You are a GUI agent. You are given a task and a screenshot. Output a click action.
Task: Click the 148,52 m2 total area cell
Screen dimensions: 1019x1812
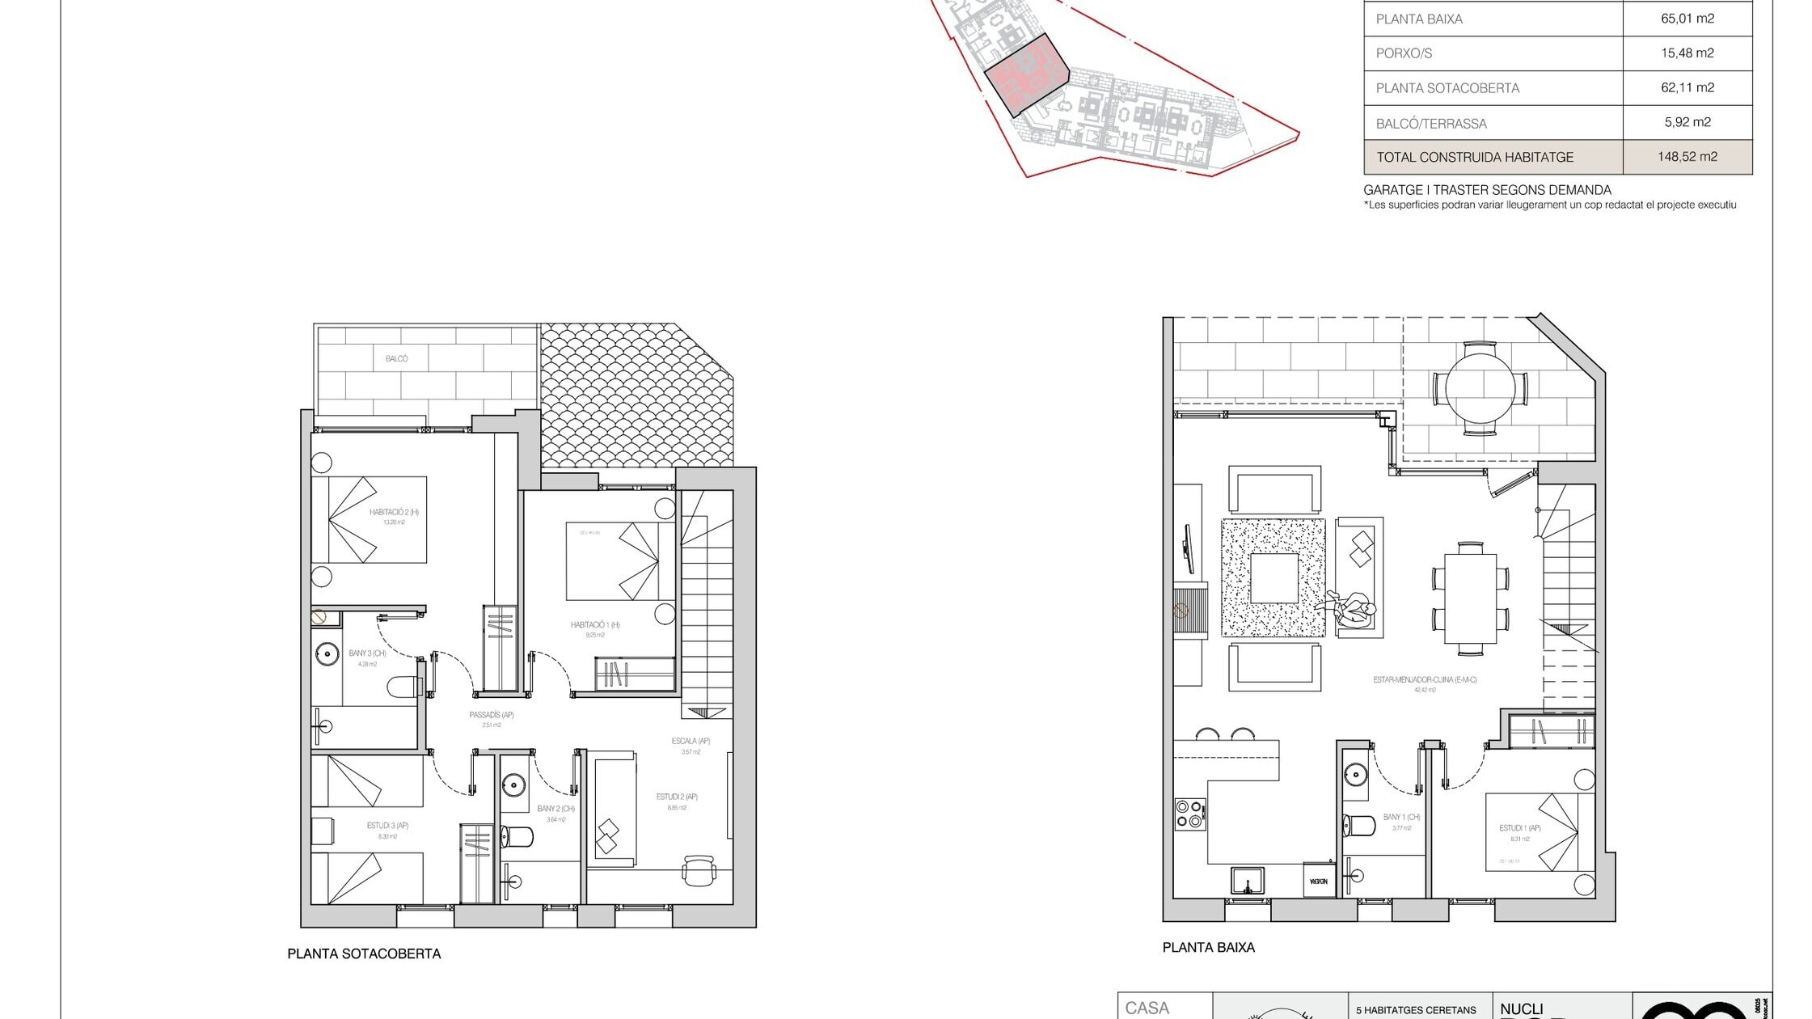coord(1687,157)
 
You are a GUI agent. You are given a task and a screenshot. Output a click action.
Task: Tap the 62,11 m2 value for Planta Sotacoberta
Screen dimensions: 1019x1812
coord(1687,87)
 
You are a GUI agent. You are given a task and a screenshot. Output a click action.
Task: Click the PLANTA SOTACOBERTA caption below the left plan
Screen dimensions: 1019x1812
coord(364,953)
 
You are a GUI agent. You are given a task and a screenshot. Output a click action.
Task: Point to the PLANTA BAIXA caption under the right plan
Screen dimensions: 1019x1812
coord(1208,947)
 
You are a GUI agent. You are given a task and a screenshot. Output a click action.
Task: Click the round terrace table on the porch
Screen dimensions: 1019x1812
coord(1480,388)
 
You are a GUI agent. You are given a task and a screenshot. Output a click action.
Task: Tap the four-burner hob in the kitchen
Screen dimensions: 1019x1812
coord(1189,814)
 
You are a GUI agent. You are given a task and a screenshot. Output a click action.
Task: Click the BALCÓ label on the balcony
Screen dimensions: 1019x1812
coord(396,358)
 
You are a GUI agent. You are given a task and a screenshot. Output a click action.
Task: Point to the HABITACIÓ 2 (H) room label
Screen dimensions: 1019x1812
coord(394,512)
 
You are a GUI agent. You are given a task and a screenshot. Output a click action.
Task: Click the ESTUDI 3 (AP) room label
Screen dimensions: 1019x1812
coord(387,826)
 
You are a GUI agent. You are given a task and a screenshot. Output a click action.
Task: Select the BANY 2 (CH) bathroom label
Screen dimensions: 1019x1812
coord(555,809)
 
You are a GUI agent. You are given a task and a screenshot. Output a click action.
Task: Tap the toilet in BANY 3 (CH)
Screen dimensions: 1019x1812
coord(404,687)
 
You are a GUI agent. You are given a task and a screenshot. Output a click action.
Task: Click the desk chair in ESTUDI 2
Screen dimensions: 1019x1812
coord(699,870)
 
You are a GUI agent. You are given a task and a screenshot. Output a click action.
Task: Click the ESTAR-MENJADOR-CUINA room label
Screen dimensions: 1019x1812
coord(1425,680)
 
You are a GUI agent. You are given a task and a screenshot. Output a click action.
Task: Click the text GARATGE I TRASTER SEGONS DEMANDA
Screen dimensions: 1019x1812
coord(1487,190)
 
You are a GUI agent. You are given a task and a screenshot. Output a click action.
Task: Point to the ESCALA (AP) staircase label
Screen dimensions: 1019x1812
coord(691,741)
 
